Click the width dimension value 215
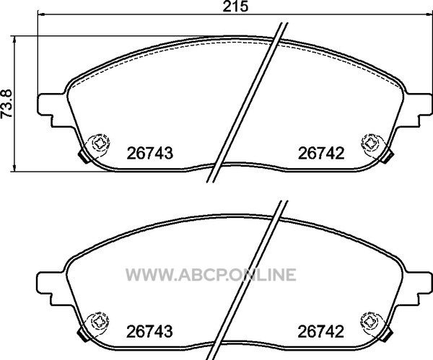tap(235, 6)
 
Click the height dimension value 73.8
tap(6, 104)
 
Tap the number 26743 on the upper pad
tap(149, 153)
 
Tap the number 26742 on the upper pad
tap(321, 153)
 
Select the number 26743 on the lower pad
tap(149, 332)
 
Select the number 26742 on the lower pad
tap(321, 332)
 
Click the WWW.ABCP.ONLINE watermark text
tap(211, 274)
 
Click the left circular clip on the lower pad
tap(97, 323)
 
